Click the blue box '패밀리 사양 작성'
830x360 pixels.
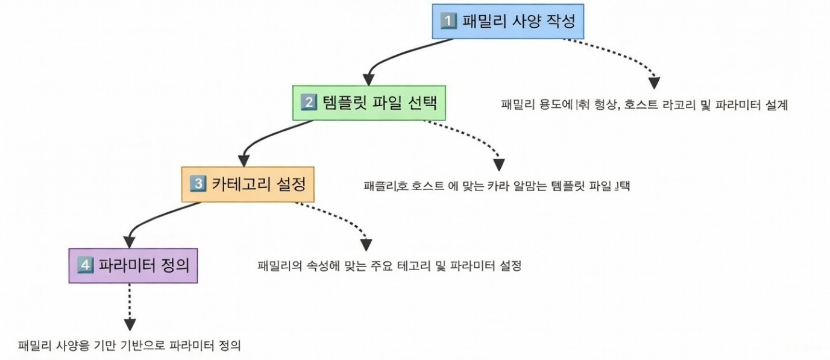tap(509, 22)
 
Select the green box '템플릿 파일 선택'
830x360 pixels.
tap(369, 103)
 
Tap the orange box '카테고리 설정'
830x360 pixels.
tap(248, 184)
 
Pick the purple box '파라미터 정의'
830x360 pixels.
tap(133, 265)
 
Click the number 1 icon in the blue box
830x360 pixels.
tap(448, 22)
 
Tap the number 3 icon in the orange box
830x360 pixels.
tap(198, 184)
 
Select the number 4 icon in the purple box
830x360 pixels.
tap(85, 265)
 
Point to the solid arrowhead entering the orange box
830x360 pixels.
tap(244, 160)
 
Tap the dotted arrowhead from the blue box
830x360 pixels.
tap(654, 83)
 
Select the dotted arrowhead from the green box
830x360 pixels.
tap(498, 164)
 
